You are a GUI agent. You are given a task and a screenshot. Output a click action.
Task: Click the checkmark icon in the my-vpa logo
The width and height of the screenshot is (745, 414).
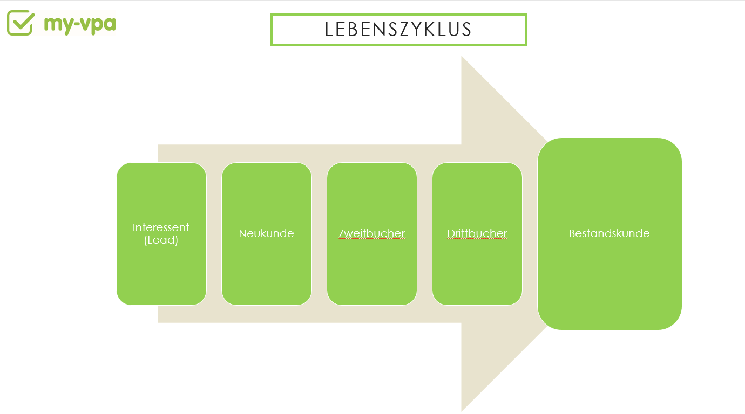(21, 23)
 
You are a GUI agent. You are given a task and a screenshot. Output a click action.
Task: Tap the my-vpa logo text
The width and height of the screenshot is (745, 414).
(80, 24)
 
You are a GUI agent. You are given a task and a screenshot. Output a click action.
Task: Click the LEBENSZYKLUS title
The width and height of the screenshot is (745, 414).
(398, 30)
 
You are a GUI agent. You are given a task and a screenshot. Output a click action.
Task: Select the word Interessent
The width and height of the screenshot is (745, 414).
(161, 227)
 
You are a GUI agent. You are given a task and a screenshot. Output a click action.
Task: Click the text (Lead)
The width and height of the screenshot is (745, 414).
(161, 240)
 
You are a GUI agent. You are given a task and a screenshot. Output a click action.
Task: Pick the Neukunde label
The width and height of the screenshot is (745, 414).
(266, 233)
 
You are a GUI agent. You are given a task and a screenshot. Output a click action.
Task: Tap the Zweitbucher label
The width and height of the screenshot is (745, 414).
(372, 233)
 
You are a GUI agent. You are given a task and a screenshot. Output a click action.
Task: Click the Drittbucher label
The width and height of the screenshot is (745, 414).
(477, 233)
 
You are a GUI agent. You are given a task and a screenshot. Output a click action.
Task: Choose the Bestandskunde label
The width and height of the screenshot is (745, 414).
(609, 233)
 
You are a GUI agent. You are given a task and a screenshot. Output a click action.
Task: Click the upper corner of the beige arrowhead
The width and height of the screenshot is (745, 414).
(462, 57)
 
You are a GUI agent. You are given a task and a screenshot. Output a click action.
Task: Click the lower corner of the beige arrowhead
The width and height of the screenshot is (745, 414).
(462, 411)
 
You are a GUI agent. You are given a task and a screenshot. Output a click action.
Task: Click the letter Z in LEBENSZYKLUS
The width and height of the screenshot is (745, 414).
(405, 30)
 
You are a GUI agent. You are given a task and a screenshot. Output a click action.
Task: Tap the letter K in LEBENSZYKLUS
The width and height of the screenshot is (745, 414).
(430, 30)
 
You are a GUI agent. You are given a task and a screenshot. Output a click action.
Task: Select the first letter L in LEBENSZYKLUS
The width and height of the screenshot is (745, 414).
(329, 30)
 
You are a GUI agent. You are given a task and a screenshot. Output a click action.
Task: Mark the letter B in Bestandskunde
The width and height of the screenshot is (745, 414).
(572, 233)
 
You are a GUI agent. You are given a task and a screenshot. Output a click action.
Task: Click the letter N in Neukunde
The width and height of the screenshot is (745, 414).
(242, 233)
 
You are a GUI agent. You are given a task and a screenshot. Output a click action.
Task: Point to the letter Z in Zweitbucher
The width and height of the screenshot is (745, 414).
(342, 233)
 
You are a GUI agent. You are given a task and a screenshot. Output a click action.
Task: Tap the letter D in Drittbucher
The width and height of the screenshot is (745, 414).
(451, 233)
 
